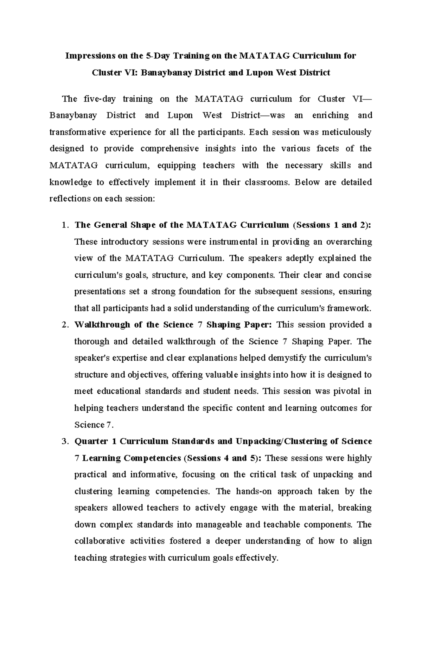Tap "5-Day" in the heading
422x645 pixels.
pyautogui.click(x=154, y=56)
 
